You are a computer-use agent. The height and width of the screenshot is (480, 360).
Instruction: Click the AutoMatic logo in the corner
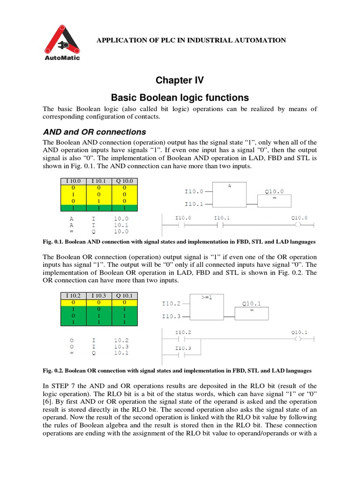pyautogui.click(x=62, y=43)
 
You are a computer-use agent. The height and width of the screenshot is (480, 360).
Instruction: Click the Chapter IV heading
pyautogui.click(x=180, y=80)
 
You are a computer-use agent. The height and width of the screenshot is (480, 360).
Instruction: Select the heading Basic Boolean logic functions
pyautogui.click(x=180, y=97)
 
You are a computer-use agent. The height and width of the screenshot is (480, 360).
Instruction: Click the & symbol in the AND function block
pyautogui.click(x=230, y=186)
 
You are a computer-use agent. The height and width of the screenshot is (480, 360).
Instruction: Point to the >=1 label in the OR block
pyautogui.click(x=207, y=297)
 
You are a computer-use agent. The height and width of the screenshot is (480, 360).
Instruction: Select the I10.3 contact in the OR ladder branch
pyautogui.click(x=183, y=355)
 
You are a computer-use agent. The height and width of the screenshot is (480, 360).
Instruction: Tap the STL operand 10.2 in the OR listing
pyautogui.click(x=121, y=340)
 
